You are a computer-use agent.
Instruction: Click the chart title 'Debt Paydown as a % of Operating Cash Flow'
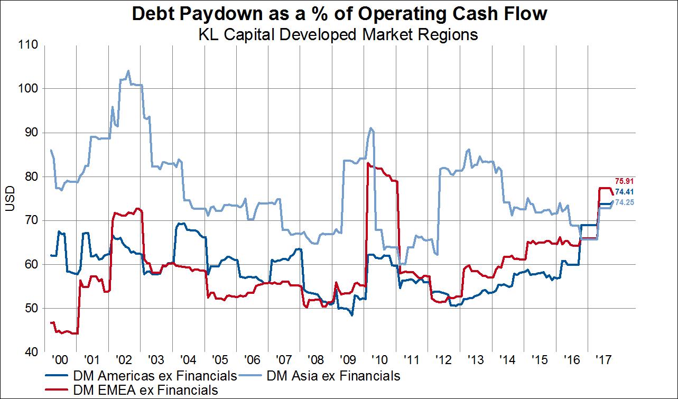click(x=339, y=14)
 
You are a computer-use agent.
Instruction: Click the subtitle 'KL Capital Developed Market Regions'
click(x=339, y=35)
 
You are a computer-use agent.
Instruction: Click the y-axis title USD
click(x=9, y=199)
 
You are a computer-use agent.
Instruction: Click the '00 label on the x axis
click(x=60, y=360)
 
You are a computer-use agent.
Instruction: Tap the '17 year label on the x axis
click(x=603, y=360)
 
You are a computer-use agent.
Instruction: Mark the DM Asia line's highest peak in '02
click(x=128, y=71)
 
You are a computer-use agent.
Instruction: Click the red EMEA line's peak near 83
click(x=367, y=163)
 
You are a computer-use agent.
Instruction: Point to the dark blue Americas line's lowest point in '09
click(x=352, y=315)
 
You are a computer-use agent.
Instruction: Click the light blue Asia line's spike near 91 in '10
click(x=371, y=128)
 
